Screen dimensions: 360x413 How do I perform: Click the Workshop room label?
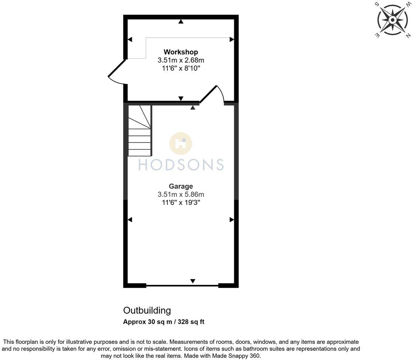(x=181, y=52)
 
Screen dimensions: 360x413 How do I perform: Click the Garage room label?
(x=181, y=186)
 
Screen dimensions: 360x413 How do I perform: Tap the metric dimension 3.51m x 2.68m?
(x=181, y=60)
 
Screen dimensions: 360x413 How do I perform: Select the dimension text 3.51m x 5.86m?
(x=181, y=194)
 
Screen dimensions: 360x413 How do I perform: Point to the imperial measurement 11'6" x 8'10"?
(x=181, y=68)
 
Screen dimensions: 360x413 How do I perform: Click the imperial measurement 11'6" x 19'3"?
(x=181, y=202)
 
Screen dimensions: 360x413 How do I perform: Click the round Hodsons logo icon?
(x=181, y=143)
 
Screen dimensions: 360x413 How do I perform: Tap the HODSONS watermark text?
(x=181, y=165)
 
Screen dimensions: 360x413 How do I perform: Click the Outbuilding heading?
(x=147, y=310)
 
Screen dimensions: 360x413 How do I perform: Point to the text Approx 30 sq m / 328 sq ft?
(x=164, y=322)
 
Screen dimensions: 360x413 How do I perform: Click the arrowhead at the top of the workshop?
(x=181, y=21)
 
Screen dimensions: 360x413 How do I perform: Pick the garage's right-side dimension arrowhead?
(x=232, y=220)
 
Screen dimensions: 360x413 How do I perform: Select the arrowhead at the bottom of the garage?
(x=192, y=281)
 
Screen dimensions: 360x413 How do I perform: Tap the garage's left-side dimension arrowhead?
(x=130, y=220)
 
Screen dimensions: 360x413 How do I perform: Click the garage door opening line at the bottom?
(x=182, y=286)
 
